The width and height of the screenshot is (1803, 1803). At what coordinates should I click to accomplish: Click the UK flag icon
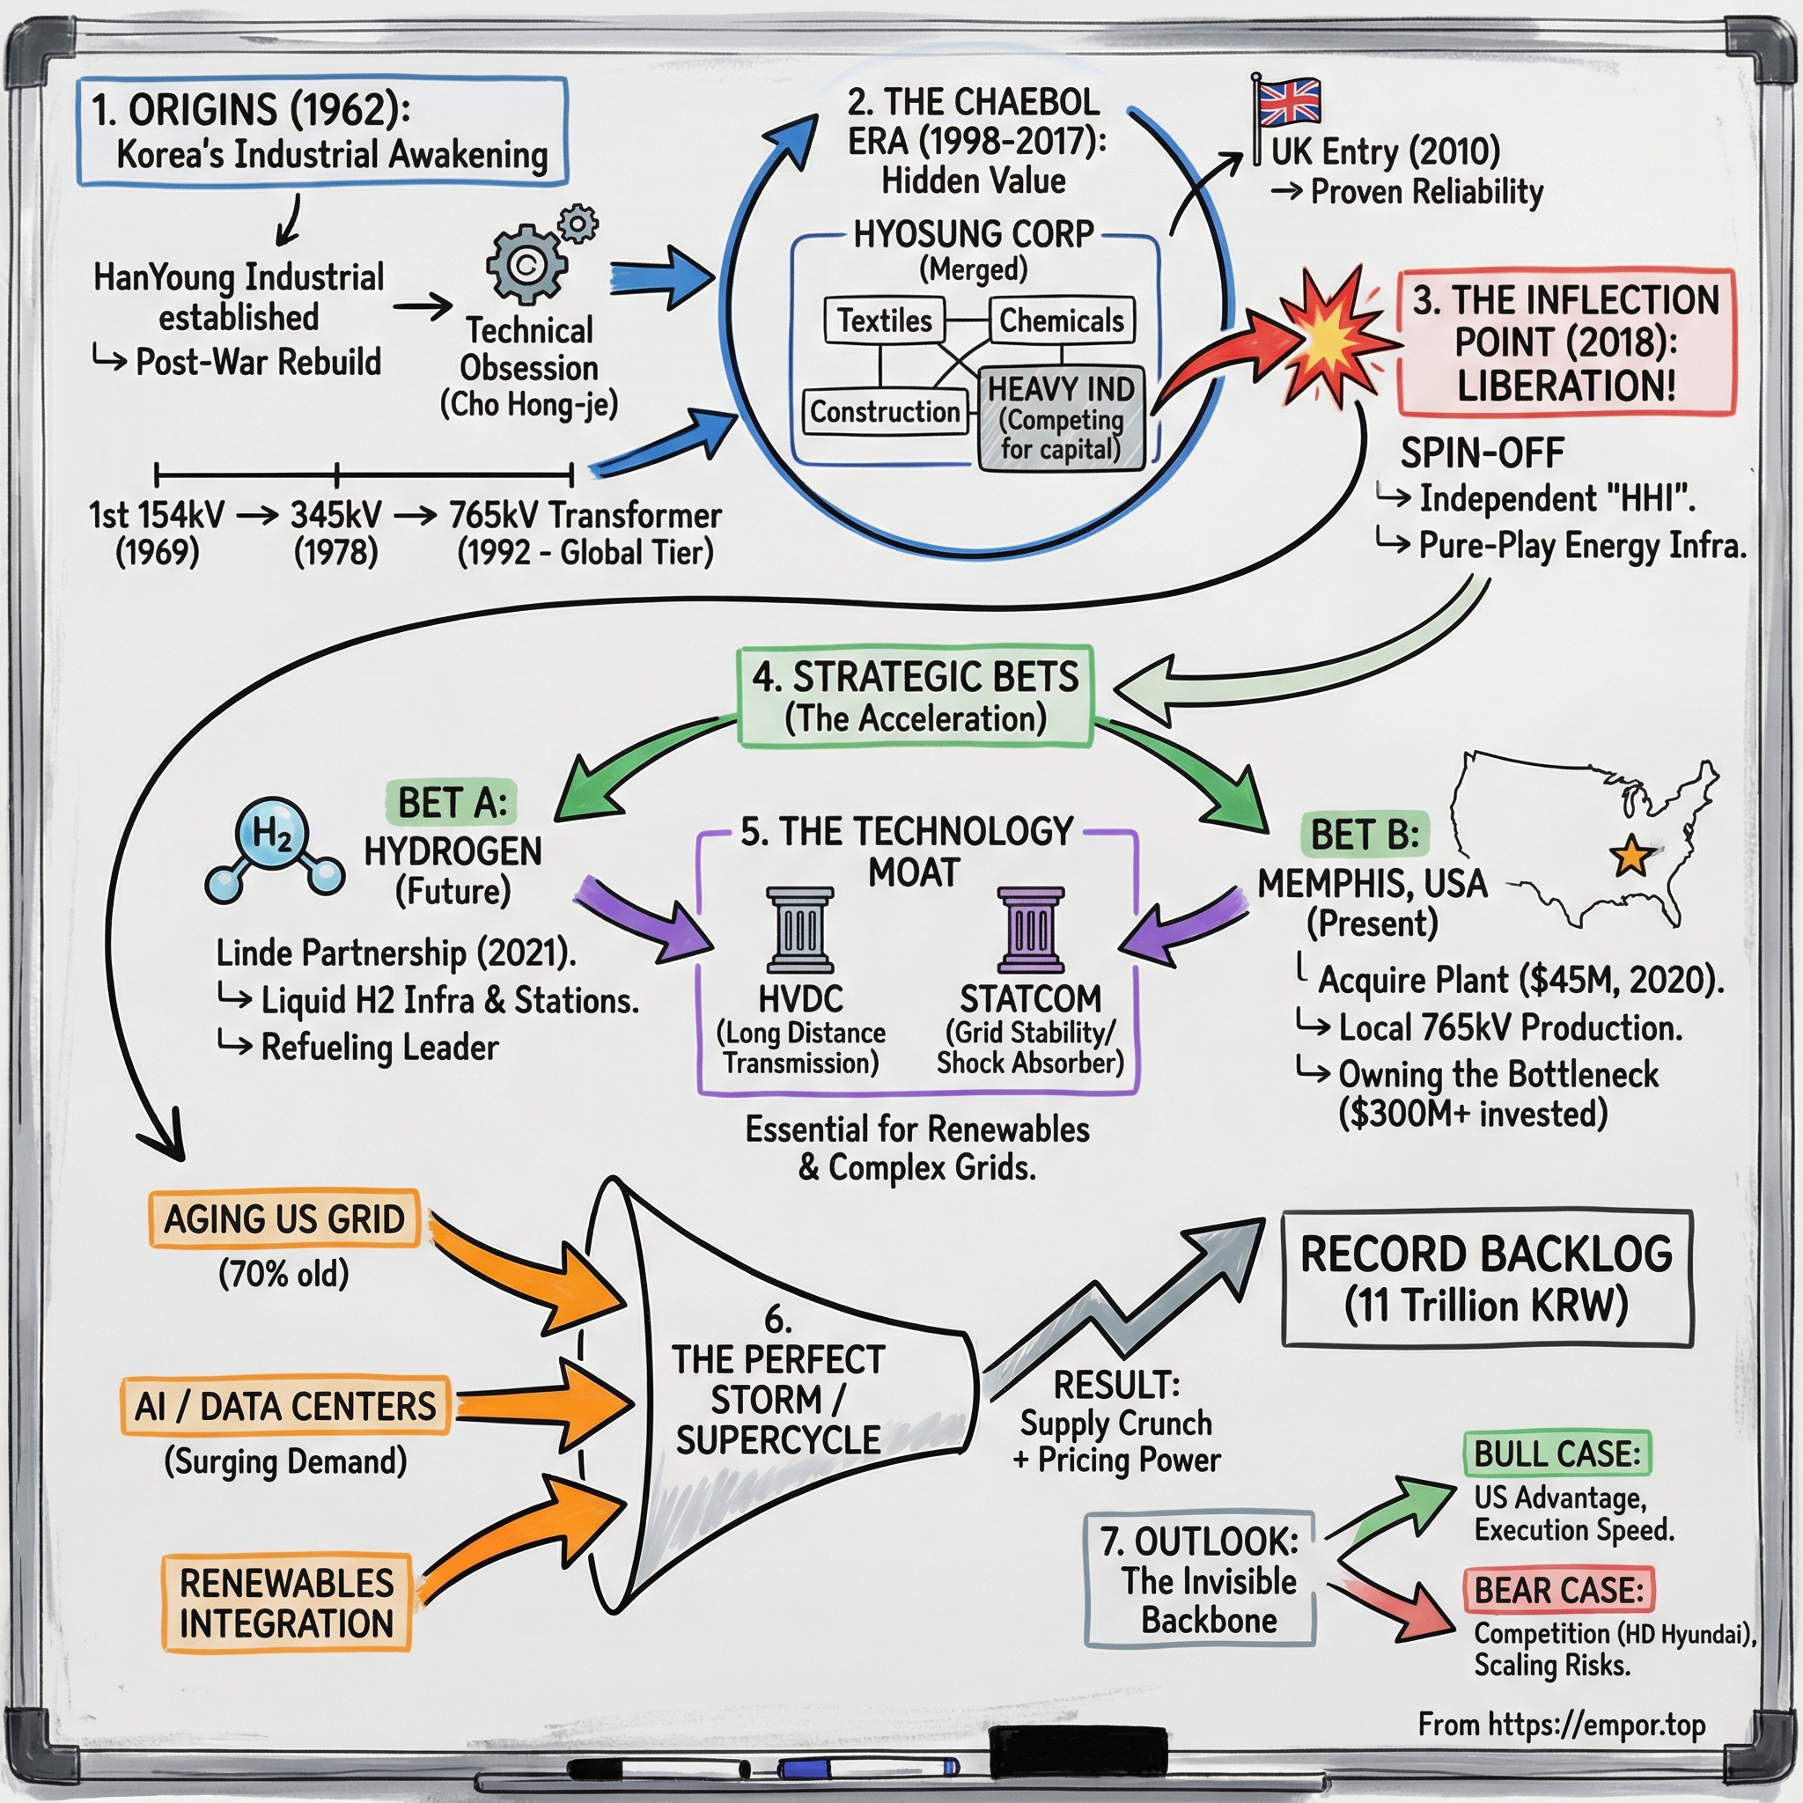(x=1289, y=103)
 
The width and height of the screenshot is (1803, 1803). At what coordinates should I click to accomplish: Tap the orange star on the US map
(x=1630, y=854)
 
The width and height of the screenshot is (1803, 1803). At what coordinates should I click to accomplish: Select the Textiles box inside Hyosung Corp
(x=884, y=321)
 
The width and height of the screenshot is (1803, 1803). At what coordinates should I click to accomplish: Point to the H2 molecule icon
(x=274, y=850)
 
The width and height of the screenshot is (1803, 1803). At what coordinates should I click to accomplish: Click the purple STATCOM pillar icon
(x=1030, y=930)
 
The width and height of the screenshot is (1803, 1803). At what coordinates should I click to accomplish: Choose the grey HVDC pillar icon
(x=799, y=930)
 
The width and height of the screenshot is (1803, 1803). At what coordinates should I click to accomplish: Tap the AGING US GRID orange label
(x=283, y=1218)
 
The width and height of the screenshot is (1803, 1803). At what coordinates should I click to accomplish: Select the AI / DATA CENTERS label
(x=284, y=1405)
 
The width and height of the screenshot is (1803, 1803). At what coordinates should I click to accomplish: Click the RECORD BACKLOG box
(x=1487, y=1278)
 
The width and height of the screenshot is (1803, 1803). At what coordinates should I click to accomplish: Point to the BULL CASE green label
(x=1556, y=1453)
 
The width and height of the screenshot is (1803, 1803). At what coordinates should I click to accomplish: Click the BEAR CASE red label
(x=1557, y=1589)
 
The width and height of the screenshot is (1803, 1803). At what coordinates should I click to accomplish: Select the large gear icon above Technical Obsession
(x=527, y=264)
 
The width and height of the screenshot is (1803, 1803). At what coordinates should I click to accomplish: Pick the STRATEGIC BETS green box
(x=915, y=696)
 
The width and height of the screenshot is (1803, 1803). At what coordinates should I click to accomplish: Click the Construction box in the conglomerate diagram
(x=884, y=411)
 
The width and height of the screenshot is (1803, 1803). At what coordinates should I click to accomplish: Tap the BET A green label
(x=452, y=803)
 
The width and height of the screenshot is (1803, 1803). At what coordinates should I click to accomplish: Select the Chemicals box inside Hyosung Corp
(x=1061, y=321)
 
